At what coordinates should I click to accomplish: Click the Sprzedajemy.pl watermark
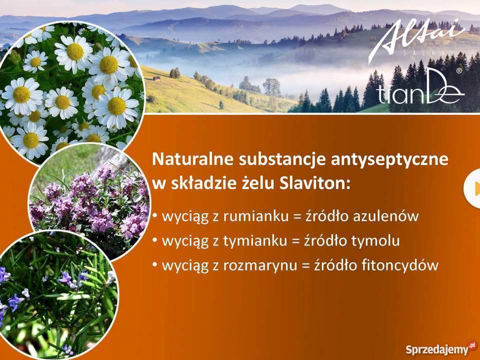tap(440, 348)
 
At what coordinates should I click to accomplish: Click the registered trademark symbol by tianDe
tap(459, 71)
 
